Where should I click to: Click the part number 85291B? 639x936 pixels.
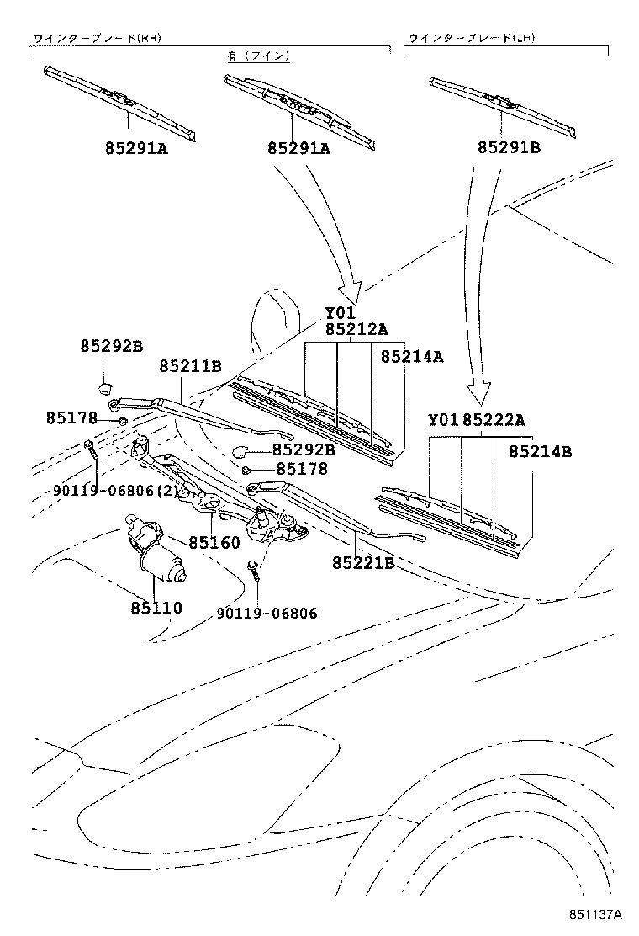click(509, 148)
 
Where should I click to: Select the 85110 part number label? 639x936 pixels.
click(156, 607)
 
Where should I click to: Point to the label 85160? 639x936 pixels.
click(214, 543)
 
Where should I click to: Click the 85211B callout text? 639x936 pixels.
click(191, 366)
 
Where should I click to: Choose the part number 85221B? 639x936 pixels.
click(362, 561)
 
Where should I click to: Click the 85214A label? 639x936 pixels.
click(411, 357)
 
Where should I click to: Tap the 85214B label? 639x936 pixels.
click(540, 451)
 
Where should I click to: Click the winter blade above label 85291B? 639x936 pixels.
click(503, 106)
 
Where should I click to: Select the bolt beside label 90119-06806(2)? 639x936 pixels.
click(92, 452)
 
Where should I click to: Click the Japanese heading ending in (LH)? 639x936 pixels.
click(473, 39)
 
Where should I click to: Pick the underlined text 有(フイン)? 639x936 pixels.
click(258, 56)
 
